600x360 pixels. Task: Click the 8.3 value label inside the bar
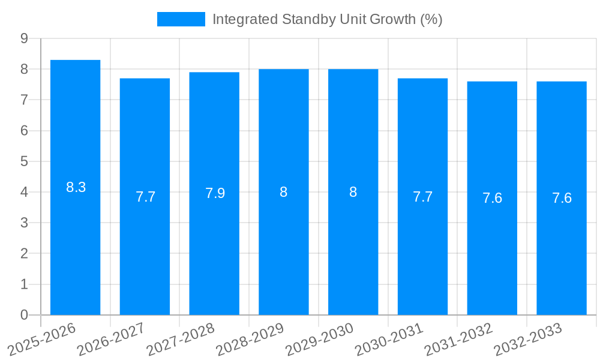[76, 187]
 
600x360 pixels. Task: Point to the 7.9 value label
[215, 193]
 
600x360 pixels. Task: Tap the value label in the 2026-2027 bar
[145, 197]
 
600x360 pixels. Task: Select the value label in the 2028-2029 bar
[284, 192]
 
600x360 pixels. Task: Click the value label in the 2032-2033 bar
[562, 198]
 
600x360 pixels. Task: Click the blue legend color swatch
[181, 19]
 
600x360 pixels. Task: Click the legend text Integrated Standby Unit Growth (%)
[327, 19]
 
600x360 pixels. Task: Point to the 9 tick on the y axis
[25, 38]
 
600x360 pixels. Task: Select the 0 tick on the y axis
[25, 315]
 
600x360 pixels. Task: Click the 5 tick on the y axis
[25, 161]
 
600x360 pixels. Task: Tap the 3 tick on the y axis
[25, 223]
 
